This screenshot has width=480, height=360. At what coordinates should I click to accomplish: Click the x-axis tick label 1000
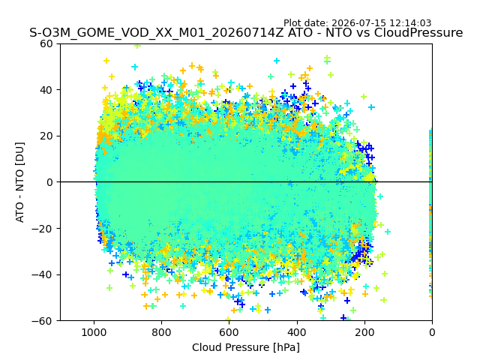point(94,332)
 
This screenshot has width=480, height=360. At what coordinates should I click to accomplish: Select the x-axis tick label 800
point(162,332)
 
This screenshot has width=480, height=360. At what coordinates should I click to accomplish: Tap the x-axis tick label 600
point(229,332)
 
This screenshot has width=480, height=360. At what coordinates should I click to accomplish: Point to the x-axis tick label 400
point(297,332)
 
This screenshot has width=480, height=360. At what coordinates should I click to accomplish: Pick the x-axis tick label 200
point(364,332)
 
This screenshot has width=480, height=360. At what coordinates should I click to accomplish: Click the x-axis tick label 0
point(432,332)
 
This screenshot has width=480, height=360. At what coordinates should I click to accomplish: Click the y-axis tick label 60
point(46,43)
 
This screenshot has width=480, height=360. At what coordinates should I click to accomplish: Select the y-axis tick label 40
point(46,90)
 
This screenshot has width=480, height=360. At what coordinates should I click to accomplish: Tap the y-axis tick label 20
point(46,136)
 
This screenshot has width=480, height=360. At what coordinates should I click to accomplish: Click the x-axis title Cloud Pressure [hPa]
point(246,348)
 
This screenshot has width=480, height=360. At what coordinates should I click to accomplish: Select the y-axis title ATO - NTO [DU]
point(19,182)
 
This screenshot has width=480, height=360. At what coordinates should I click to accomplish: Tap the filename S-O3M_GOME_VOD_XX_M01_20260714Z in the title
point(157,32)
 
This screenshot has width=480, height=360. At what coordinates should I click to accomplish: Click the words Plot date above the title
point(306,23)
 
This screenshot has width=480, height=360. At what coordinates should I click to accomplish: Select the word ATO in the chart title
point(300,32)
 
